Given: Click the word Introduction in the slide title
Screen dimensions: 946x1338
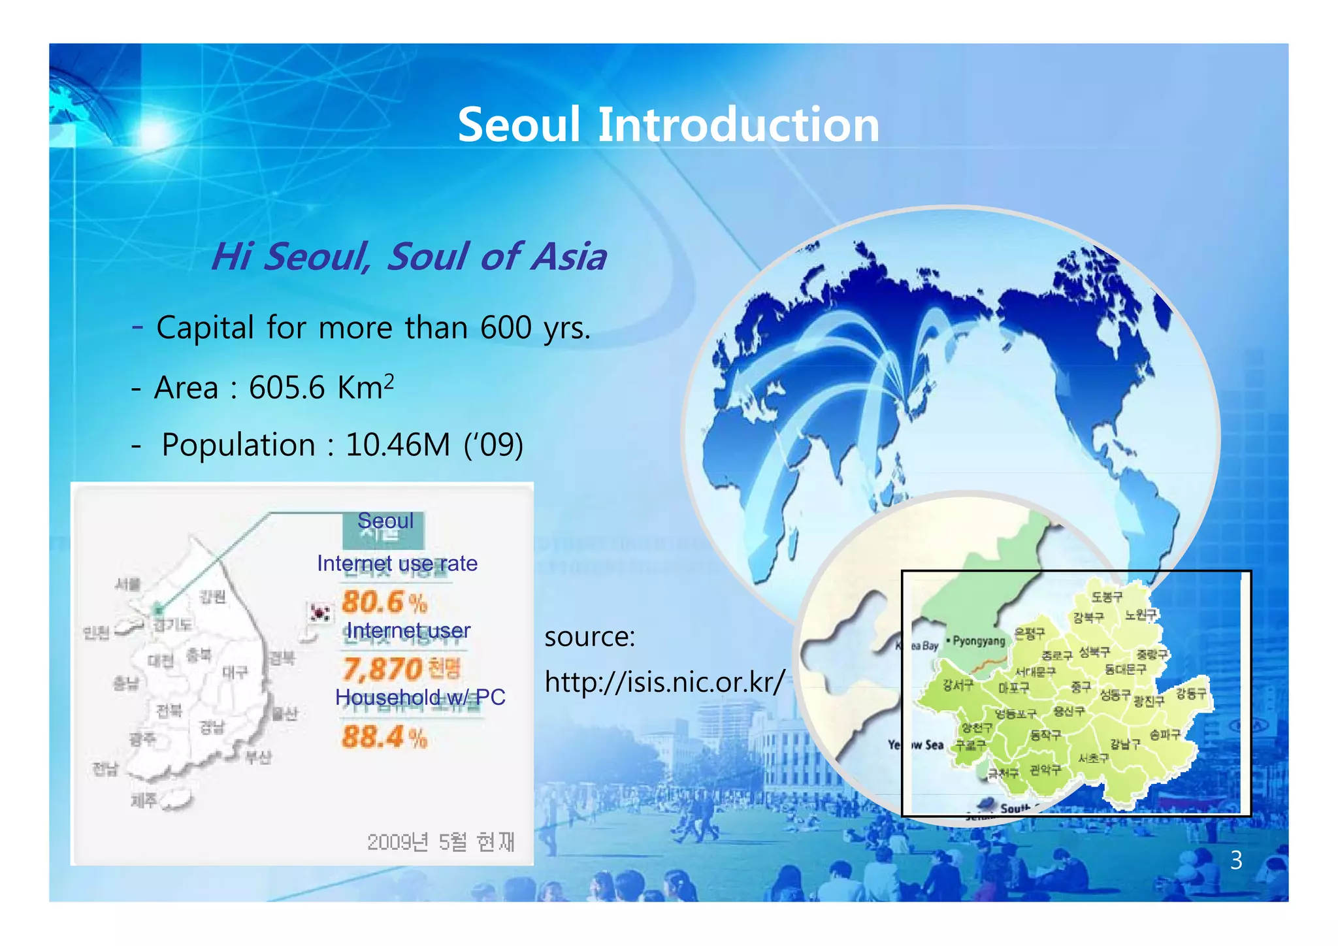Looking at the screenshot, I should (x=738, y=125).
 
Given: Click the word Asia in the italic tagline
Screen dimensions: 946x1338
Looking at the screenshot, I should (x=568, y=256).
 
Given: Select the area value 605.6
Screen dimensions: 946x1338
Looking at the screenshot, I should (x=286, y=388).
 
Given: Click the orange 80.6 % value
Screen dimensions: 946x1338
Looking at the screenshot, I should (x=384, y=602).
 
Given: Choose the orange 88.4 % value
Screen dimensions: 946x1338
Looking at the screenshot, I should (x=384, y=738).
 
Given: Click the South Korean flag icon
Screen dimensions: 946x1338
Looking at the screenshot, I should (x=320, y=613).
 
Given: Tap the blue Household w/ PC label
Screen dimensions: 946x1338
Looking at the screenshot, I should (x=420, y=697).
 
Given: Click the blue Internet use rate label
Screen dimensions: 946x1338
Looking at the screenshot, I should (x=397, y=563).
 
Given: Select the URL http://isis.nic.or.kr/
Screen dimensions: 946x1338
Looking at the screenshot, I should (x=664, y=683).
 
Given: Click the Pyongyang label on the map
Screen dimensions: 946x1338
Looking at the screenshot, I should (x=979, y=641).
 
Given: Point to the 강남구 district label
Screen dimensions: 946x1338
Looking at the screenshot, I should (x=1125, y=743).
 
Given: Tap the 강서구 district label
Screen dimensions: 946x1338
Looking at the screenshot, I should (x=958, y=685).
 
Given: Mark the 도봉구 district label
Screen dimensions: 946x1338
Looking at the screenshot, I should (x=1107, y=596).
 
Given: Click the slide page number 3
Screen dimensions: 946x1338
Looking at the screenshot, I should (x=1236, y=860).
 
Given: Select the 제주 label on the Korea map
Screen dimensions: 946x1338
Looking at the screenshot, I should (x=144, y=800).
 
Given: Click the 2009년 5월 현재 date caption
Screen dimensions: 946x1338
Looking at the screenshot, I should (x=441, y=842).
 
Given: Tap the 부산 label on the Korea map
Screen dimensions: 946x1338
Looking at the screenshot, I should (x=258, y=757).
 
